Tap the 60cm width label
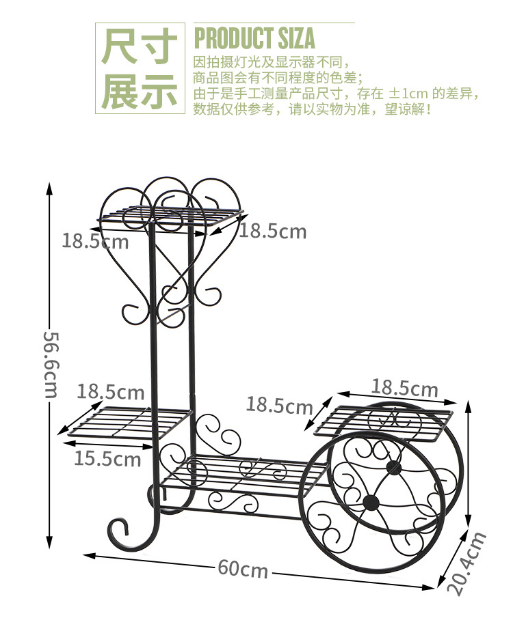(x=243, y=568)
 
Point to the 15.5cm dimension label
(x=107, y=458)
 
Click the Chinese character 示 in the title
(x=159, y=91)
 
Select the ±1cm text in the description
(x=409, y=94)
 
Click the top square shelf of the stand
(x=171, y=215)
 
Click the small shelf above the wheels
(x=386, y=422)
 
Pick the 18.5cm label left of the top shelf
(x=95, y=240)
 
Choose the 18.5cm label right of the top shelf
(x=273, y=231)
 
